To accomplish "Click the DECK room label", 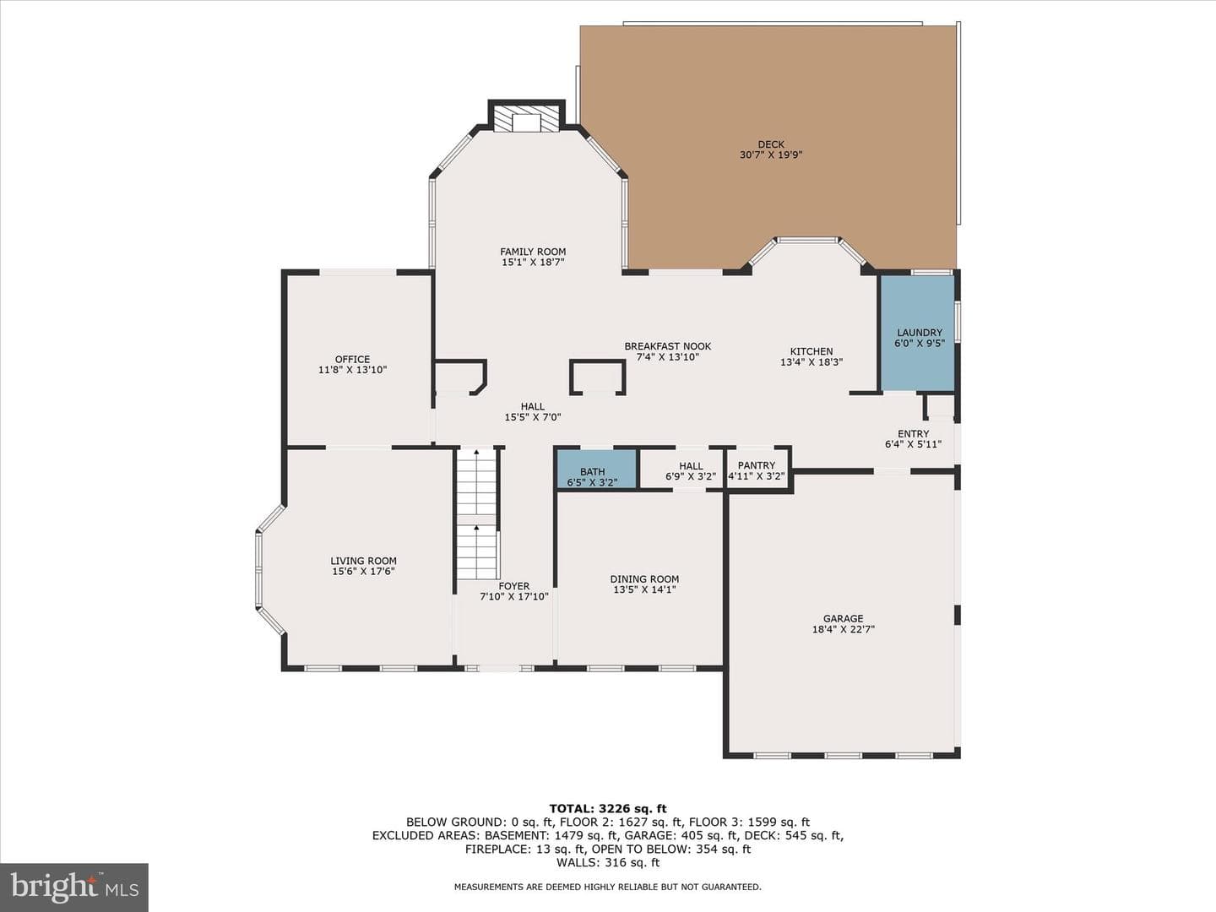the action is click(x=771, y=145).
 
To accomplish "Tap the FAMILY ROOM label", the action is click(x=533, y=252).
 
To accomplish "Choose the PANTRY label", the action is click(x=756, y=465).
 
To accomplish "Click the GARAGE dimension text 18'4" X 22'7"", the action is click(x=843, y=629).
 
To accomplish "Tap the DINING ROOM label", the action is click(x=644, y=579).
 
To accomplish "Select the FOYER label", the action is click(x=514, y=586).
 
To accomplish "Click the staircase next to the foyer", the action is click(x=476, y=514).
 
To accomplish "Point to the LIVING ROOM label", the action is click(x=363, y=561).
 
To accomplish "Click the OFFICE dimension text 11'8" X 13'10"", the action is click(x=352, y=370).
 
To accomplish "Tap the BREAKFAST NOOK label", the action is click(x=668, y=346).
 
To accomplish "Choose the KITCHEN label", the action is click(x=812, y=351).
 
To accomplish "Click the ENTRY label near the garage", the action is click(x=914, y=434).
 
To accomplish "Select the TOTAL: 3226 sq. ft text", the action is click(x=608, y=809).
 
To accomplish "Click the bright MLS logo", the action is click(x=74, y=887).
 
